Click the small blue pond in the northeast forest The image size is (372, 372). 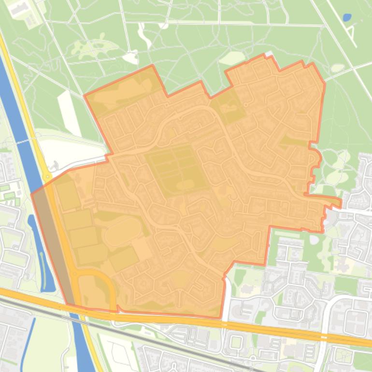point(347,18)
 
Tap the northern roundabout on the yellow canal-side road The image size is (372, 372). point(47,177)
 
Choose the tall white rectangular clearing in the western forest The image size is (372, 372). point(69,113)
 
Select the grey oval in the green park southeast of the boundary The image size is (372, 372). point(315,240)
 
